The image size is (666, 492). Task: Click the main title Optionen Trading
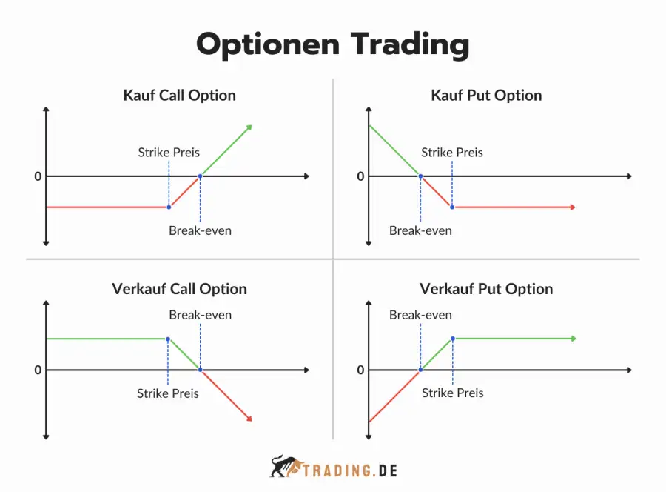pyautogui.click(x=332, y=44)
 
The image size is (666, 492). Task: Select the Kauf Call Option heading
pyautogui.click(x=179, y=96)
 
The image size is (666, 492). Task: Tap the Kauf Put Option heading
pyautogui.click(x=486, y=96)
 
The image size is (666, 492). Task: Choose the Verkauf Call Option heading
pyautogui.click(x=179, y=289)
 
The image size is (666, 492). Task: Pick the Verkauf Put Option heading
pyautogui.click(x=486, y=289)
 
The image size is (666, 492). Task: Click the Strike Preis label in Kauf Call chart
pyautogui.click(x=169, y=152)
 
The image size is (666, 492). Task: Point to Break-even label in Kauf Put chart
pyautogui.click(x=420, y=230)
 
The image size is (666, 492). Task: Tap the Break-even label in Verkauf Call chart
pyautogui.click(x=200, y=315)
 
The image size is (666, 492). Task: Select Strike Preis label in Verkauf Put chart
pyautogui.click(x=452, y=393)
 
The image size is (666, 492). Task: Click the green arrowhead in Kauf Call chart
pyautogui.click(x=249, y=127)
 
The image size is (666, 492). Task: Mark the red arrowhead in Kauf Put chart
pyautogui.click(x=573, y=207)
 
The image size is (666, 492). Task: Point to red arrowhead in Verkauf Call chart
pyautogui.click(x=249, y=419)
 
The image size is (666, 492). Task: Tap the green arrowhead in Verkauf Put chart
pyautogui.click(x=573, y=339)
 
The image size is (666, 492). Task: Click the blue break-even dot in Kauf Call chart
pyautogui.click(x=200, y=176)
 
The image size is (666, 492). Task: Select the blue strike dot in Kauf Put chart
pyautogui.click(x=452, y=207)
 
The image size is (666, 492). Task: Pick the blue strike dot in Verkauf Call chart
pyautogui.click(x=168, y=339)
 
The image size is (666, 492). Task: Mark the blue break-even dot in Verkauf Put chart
pyautogui.click(x=420, y=370)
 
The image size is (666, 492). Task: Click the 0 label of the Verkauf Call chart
pyautogui.click(x=38, y=370)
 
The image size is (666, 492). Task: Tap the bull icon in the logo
pyautogui.click(x=286, y=467)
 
